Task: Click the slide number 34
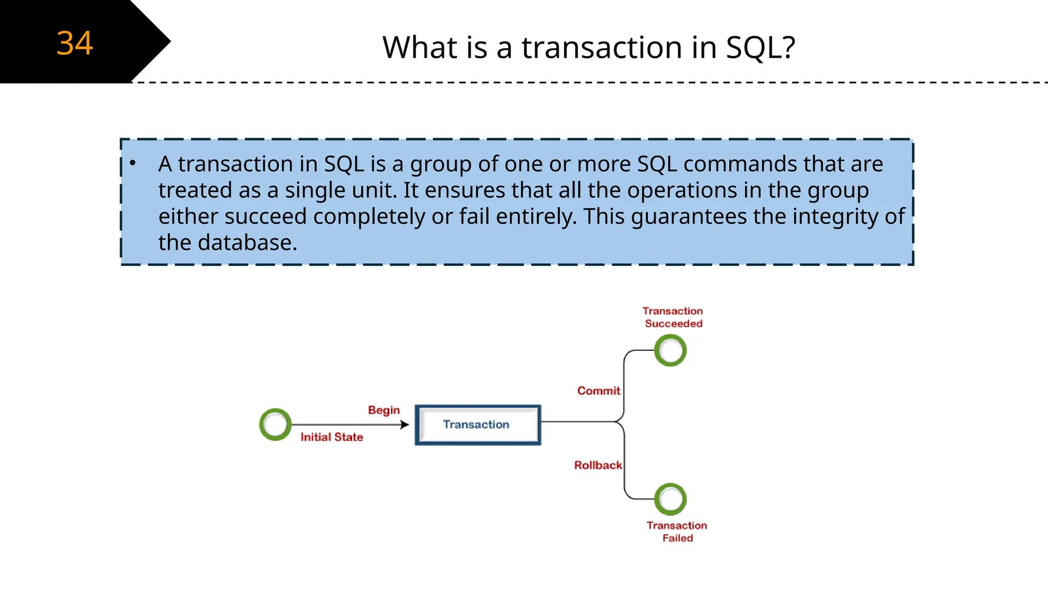[75, 43]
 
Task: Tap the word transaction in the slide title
[602, 47]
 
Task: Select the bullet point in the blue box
[133, 163]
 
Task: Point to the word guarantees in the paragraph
[689, 216]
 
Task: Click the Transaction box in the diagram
[477, 425]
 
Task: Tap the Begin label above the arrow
[384, 410]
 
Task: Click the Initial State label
[332, 437]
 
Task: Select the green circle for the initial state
[275, 424]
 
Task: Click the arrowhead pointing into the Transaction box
[405, 425]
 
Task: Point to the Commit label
[598, 391]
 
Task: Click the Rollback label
[598, 465]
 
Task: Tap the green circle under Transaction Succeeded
[670, 350]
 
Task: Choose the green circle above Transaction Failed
[670, 499]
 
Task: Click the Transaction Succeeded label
[673, 317]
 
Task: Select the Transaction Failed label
[677, 532]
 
